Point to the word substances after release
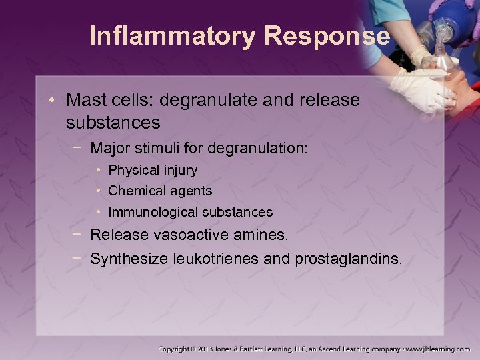point(113,123)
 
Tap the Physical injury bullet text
point(153,170)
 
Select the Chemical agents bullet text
point(160,191)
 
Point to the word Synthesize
point(126,258)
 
